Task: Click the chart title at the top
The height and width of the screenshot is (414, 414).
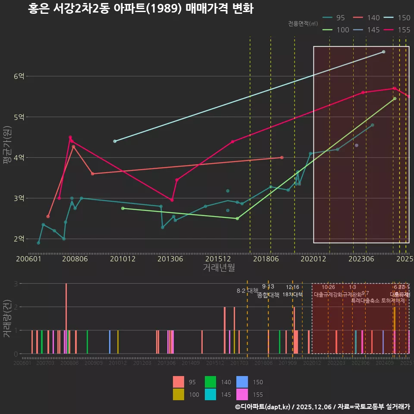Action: [x=141, y=9]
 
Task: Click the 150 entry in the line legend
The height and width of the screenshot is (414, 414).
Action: [x=404, y=18]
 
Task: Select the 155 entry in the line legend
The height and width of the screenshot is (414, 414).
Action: [x=404, y=30]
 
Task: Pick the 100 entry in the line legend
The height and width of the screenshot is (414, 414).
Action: [x=343, y=30]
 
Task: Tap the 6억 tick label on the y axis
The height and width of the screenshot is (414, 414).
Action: [x=19, y=76]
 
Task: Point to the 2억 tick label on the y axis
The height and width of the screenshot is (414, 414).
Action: [x=19, y=239]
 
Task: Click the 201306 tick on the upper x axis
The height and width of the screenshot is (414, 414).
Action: [x=170, y=259]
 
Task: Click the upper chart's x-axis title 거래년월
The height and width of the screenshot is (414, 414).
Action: [x=219, y=268]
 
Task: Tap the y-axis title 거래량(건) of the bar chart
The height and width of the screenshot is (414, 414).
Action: [x=7, y=317]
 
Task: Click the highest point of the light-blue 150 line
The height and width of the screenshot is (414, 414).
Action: [x=383, y=52]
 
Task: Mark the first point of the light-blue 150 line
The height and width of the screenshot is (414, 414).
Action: [x=115, y=141]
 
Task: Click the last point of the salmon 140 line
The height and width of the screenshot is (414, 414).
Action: [x=282, y=157]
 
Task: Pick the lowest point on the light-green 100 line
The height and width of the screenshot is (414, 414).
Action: [x=237, y=219]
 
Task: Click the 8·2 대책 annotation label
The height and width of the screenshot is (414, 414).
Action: [x=247, y=291]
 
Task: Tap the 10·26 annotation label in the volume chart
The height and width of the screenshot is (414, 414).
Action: [x=328, y=288]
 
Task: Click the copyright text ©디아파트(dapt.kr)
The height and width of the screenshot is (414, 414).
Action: [x=262, y=407]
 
